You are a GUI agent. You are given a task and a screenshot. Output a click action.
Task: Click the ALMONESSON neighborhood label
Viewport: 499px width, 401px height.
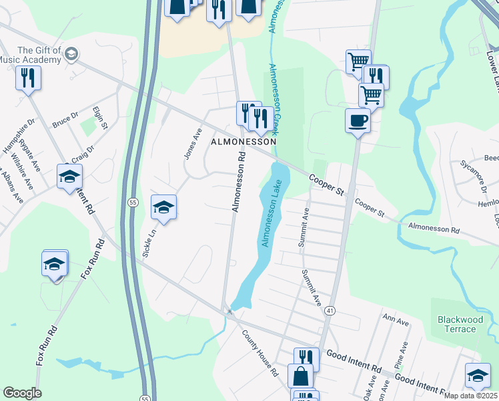tap(243, 142)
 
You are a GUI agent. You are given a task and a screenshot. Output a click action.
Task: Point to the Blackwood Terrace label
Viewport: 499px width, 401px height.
tap(460, 324)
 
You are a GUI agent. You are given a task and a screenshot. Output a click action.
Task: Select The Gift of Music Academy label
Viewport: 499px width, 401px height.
tap(39, 55)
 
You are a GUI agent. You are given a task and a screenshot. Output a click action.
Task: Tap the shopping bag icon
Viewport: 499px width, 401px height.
tap(300, 376)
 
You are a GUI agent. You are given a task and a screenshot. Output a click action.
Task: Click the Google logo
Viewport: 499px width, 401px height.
tap(22, 393)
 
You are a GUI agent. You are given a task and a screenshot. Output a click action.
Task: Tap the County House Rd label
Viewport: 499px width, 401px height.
tap(260, 354)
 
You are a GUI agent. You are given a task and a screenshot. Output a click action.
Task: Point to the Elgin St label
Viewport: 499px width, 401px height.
tap(101, 118)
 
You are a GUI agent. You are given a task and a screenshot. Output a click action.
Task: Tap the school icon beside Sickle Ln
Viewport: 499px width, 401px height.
tap(163, 208)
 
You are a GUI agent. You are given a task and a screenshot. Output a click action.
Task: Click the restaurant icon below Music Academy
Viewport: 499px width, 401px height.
tap(28, 78)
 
